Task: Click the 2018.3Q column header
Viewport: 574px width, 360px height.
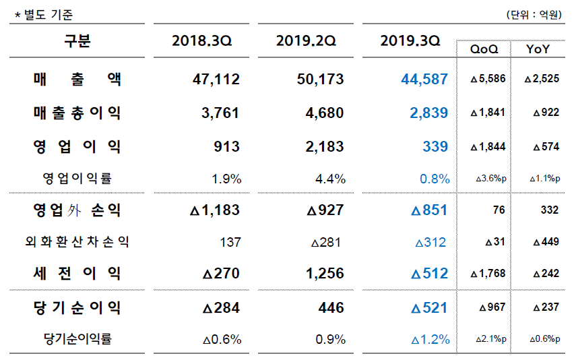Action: pos(201,41)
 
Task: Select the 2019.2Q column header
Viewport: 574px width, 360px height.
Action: pos(306,41)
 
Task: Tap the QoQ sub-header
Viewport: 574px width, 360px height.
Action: pos(484,49)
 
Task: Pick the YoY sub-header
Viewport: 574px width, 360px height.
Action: pos(537,49)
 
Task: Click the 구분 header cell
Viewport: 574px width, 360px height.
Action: pos(77,41)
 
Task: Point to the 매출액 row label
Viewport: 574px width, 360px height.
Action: pos(77,80)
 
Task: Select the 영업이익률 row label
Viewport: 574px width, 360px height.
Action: pos(77,179)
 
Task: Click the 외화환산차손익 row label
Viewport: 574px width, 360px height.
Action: pos(77,242)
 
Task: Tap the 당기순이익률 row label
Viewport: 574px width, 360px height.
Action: pos(77,339)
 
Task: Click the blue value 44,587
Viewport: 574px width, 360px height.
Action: pos(424,80)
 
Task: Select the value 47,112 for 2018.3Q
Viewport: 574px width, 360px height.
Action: pos(216,80)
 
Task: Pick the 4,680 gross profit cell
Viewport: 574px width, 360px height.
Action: pos(324,113)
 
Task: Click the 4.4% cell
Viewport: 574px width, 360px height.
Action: pos(331,179)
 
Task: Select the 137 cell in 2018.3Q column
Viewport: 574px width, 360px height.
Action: pos(231,242)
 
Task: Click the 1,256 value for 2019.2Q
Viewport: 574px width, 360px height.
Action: pos(324,274)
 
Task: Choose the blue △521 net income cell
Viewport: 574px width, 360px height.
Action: pos(428,308)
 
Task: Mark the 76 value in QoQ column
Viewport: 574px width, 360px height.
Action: pos(499,210)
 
